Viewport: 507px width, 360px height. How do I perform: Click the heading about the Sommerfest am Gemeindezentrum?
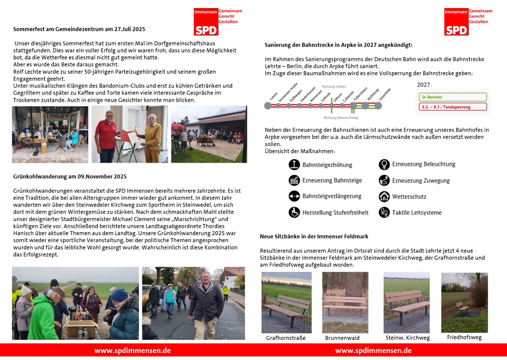point(79,29)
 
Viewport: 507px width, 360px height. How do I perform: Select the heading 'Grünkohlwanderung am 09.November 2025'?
point(70,177)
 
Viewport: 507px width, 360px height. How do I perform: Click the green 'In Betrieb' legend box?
point(452,97)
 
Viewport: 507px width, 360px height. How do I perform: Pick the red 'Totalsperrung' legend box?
point(452,107)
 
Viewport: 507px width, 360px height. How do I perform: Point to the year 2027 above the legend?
point(423,85)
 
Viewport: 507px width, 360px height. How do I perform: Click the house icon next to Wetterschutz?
point(384,196)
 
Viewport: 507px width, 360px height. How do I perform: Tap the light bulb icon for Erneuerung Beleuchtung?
point(384,164)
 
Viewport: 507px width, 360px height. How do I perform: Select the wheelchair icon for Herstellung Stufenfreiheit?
point(294,213)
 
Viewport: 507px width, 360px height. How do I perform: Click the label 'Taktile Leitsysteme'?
point(417,213)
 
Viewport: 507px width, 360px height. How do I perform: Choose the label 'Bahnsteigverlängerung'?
point(332,196)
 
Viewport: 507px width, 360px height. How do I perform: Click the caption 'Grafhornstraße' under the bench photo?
point(286,338)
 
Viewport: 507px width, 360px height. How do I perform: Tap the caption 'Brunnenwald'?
point(342,338)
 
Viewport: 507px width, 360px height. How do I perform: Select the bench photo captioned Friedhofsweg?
point(464,302)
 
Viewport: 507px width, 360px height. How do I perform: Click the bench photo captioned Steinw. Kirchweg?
point(406,302)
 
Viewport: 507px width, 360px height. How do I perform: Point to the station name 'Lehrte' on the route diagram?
point(273,96)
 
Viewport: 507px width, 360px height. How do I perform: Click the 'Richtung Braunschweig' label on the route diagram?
point(341,117)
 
